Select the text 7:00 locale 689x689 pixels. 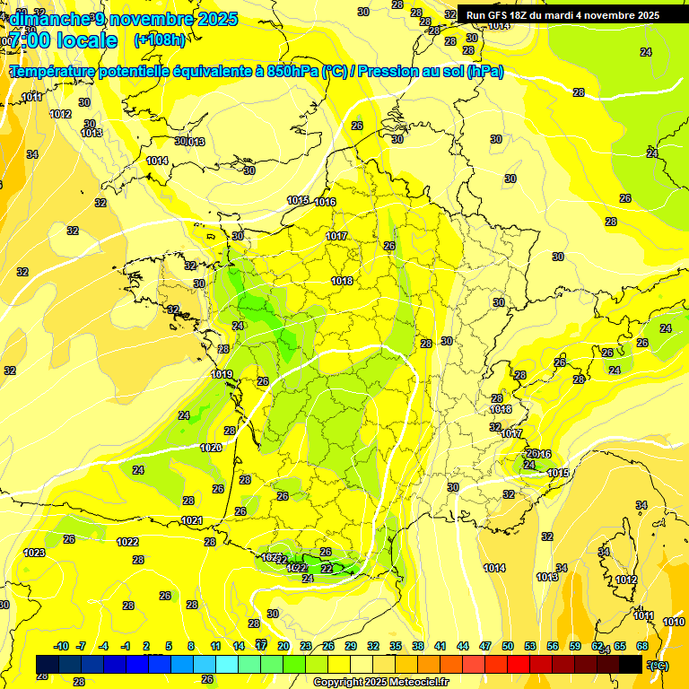pyautogui.click(x=63, y=40)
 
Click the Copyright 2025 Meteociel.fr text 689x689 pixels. pyautogui.click(x=380, y=682)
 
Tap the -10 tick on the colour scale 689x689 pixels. pyautogui.click(x=62, y=646)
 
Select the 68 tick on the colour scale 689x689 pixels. pyautogui.click(x=642, y=646)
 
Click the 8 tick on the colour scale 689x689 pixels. pyautogui.click(x=191, y=646)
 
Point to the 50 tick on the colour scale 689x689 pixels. pyautogui.click(x=508, y=646)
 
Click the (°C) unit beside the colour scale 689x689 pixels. pyautogui.click(x=658, y=665)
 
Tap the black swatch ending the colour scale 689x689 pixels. pyautogui.click(x=631, y=664)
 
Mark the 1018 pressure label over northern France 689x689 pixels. pyautogui.click(x=342, y=281)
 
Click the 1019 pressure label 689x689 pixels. pyautogui.click(x=222, y=374)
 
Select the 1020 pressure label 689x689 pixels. pyautogui.click(x=211, y=448)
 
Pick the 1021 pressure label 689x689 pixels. pyautogui.click(x=192, y=520)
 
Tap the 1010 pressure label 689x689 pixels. pyautogui.click(x=673, y=622)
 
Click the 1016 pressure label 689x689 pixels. pyautogui.click(x=325, y=202)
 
